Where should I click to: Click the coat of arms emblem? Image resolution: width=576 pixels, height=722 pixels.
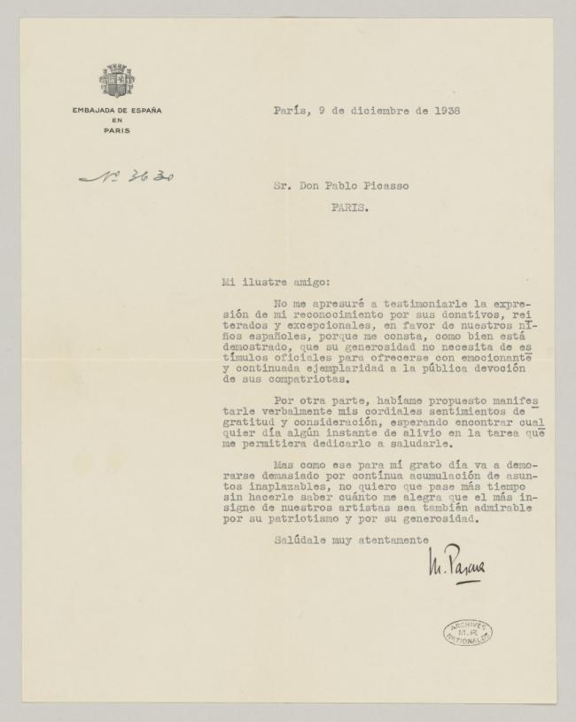coord(117,82)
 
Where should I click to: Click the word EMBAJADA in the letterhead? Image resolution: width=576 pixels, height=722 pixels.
coord(95,111)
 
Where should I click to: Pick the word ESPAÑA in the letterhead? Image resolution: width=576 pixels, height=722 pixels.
coord(145,111)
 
